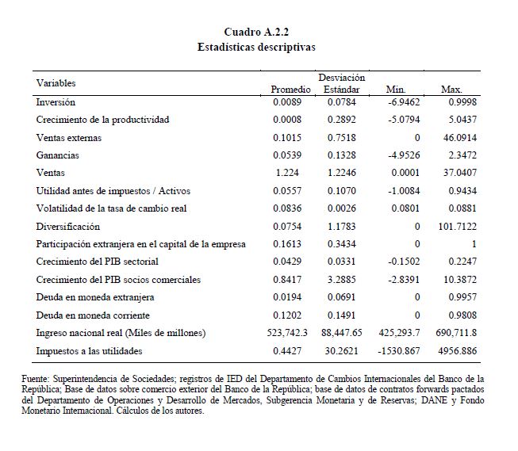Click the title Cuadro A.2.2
click(x=257, y=32)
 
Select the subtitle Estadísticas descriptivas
click(x=257, y=47)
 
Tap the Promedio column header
click(x=289, y=90)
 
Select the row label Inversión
click(x=56, y=102)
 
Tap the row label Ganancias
click(x=58, y=155)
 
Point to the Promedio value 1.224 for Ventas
click(x=287, y=173)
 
